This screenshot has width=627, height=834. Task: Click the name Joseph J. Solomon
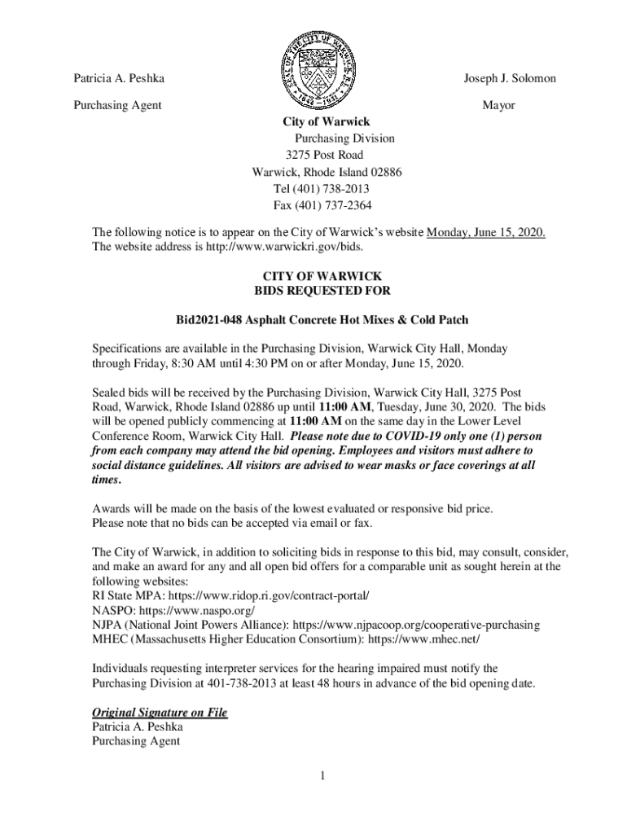pos(510,78)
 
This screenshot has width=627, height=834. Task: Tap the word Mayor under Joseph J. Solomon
pos(498,105)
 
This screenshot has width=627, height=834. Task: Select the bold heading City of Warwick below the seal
pos(326,122)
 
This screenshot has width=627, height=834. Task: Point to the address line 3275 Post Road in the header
pos(324,155)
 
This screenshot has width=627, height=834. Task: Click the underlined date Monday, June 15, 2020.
pos(486,233)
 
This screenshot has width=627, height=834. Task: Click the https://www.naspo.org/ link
pos(198,610)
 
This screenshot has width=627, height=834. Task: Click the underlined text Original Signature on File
pos(160,713)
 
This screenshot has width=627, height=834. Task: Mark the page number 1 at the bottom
pos(322,775)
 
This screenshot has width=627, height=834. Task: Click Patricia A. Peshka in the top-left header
pos(119,78)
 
